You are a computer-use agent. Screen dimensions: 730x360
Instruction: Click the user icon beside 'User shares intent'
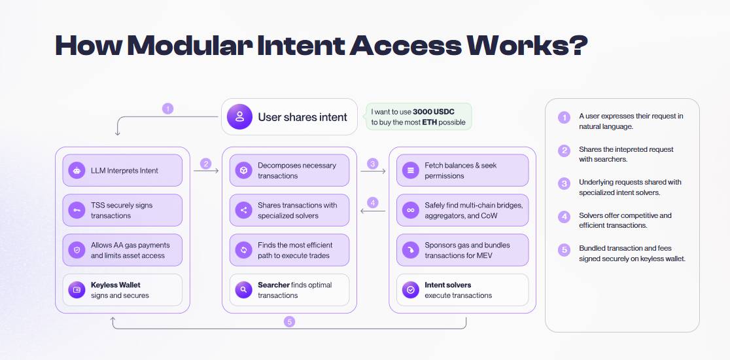click(x=240, y=117)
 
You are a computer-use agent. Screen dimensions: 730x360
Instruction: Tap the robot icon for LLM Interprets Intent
click(x=77, y=170)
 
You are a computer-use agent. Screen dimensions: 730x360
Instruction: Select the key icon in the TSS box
click(x=77, y=210)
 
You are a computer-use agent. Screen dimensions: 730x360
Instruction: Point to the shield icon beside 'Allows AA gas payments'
click(x=77, y=250)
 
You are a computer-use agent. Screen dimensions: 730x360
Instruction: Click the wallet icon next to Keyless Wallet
click(x=77, y=290)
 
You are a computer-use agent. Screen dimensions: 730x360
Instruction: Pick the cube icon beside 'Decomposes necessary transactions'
click(x=243, y=170)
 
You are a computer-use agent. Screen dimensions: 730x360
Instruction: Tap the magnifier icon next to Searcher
click(x=243, y=290)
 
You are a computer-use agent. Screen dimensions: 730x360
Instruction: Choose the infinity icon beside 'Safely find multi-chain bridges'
click(x=411, y=210)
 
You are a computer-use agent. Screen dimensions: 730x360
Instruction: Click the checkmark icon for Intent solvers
click(x=411, y=290)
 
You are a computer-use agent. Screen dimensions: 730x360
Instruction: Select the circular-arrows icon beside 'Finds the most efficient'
click(x=243, y=250)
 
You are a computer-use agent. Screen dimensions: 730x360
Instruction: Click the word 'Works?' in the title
click(x=527, y=45)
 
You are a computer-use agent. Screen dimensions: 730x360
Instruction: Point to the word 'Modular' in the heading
click(x=191, y=45)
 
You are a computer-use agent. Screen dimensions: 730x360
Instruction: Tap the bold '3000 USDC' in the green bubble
click(x=434, y=112)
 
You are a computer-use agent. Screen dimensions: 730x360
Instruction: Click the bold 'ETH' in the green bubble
click(x=430, y=122)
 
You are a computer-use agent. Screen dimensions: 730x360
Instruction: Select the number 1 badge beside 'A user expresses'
click(x=564, y=118)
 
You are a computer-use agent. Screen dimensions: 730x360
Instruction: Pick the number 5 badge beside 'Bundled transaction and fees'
click(x=564, y=250)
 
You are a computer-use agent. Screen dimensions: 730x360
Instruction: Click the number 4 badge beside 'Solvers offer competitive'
click(x=564, y=217)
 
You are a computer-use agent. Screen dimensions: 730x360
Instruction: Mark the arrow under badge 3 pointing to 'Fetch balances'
click(x=374, y=171)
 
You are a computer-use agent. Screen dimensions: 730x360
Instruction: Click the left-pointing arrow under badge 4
click(x=374, y=211)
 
